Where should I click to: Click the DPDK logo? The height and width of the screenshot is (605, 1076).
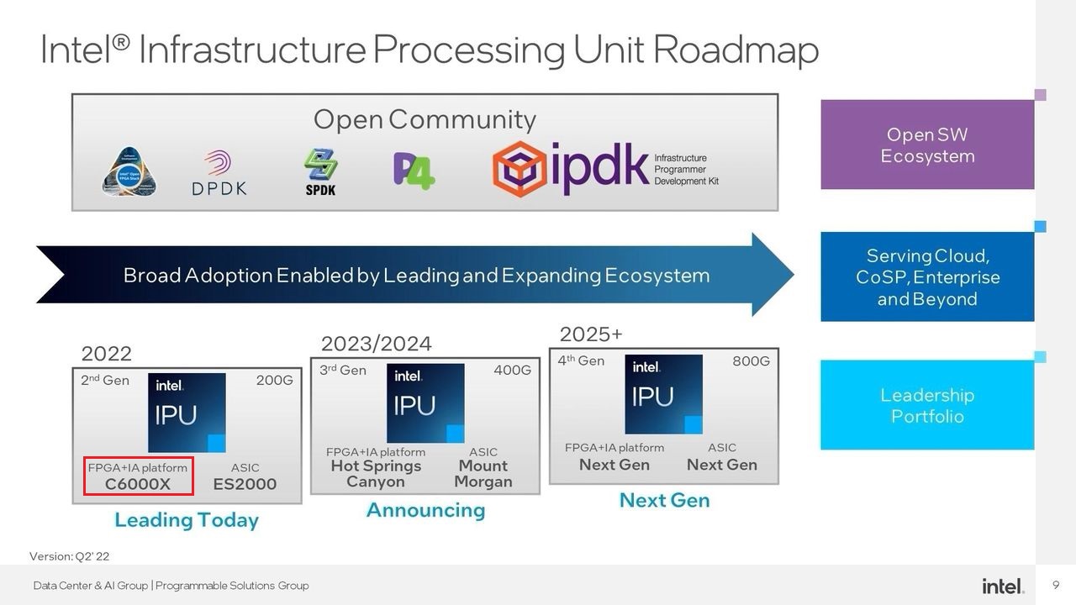(x=219, y=173)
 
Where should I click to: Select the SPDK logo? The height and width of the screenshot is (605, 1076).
(x=320, y=172)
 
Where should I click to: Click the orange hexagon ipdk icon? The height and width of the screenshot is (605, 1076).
(x=520, y=169)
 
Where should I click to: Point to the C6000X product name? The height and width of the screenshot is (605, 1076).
(x=138, y=484)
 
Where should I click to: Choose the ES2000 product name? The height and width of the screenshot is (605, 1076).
(x=245, y=484)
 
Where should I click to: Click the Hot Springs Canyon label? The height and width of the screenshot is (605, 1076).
(x=376, y=474)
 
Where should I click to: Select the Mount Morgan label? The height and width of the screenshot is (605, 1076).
(x=483, y=474)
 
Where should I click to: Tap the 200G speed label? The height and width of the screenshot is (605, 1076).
(x=274, y=381)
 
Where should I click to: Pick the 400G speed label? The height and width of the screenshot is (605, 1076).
(x=512, y=371)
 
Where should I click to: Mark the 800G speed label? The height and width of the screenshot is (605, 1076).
(x=751, y=361)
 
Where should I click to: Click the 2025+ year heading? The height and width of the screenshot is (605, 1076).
(x=591, y=334)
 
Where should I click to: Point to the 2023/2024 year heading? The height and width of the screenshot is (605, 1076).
(x=376, y=344)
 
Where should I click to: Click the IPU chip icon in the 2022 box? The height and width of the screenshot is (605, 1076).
(x=187, y=413)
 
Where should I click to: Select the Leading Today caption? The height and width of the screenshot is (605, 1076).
(x=187, y=520)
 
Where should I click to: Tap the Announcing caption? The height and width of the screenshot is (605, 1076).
(x=425, y=510)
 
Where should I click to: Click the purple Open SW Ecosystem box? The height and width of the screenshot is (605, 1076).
(x=927, y=145)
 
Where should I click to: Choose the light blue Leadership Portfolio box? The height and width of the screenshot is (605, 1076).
(x=927, y=405)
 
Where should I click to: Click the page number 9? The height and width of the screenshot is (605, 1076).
(x=1056, y=585)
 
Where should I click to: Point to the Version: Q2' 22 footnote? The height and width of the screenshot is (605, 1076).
(x=70, y=556)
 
